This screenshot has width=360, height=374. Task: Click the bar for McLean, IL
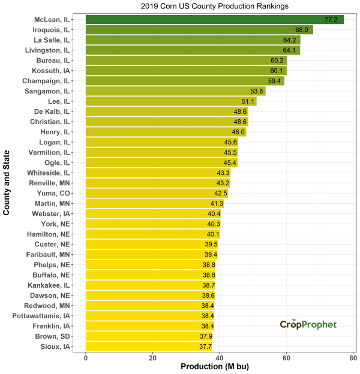[214, 20]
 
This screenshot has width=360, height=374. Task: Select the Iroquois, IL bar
[199, 30]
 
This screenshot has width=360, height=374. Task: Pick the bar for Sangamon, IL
[175, 91]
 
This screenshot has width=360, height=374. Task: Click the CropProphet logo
[308, 324]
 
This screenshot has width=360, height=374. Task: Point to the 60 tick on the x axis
[286, 358]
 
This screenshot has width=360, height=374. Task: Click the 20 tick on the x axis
[153, 358]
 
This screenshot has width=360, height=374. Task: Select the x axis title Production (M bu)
[220, 367]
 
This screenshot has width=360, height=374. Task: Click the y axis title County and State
[7, 183]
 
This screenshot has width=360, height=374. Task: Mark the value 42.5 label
[220, 193]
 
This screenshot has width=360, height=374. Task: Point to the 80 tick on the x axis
[353, 358]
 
